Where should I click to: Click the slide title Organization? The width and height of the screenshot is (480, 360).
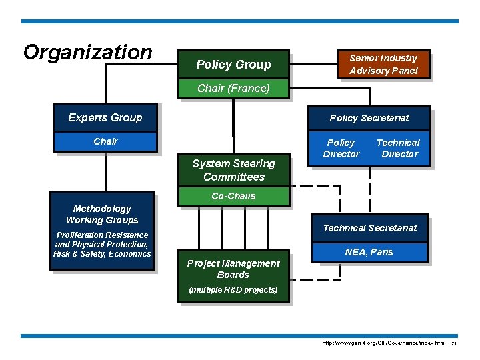tap(87, 52)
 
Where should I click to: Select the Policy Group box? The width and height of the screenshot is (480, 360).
tap(233, 65)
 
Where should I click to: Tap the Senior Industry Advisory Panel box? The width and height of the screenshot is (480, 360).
tap(383, 65)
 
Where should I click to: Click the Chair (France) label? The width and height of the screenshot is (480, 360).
tap(233, 89)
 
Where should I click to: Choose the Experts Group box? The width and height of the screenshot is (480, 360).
tap(105, 118)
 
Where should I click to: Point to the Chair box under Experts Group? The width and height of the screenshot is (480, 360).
tap(105, 141)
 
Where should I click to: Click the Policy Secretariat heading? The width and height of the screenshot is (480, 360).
tap(369, 118)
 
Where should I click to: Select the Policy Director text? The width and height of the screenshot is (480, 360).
tap(341, 148)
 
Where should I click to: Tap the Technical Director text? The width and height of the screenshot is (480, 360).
tap(398, 148)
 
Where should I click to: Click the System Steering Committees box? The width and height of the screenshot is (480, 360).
tap(233, 170)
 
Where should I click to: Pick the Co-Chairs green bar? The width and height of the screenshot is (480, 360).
tap(233, 196)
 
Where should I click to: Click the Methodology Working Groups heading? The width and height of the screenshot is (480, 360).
tap(102, 214)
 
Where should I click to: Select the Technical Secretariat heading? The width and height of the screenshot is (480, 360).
tap(370, 228)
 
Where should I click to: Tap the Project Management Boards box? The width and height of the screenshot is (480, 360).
tap(233, 269)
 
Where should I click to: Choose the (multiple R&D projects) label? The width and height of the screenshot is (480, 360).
tap(233, 290)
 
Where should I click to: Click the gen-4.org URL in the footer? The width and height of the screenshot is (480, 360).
tap(383, 343)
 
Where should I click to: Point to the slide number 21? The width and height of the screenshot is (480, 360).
tap(453, 343)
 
